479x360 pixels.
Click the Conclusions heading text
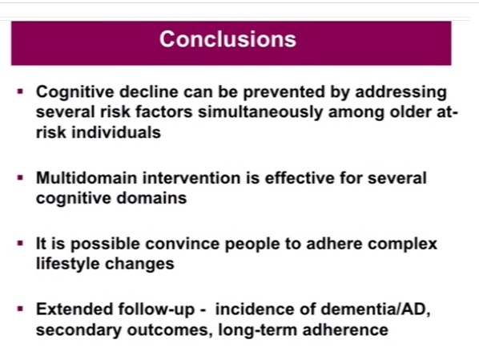tap(227, 39)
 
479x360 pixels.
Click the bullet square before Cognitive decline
tap(21, 91)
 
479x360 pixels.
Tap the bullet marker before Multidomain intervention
tap(21, 178)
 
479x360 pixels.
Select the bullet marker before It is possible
tap(21, 244)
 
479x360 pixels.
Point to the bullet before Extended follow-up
tap(21, 309)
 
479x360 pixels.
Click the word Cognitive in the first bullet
tap(75, 92)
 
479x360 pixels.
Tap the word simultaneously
tap(260, 112)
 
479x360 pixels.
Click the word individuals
tap(116, 132)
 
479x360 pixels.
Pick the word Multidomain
tap(87, 178)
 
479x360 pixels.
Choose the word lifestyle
tap(68, 264)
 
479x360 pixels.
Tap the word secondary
tap(78, 330)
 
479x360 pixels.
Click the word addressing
tap(401, 92)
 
